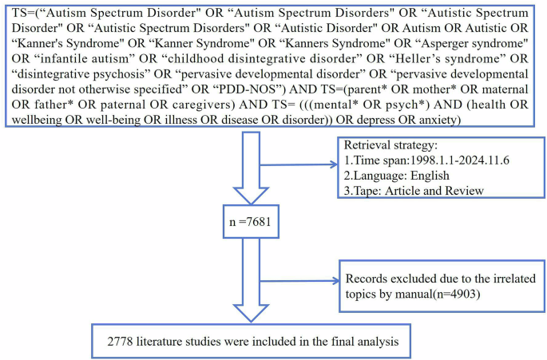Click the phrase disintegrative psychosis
(x=76, y=71)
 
